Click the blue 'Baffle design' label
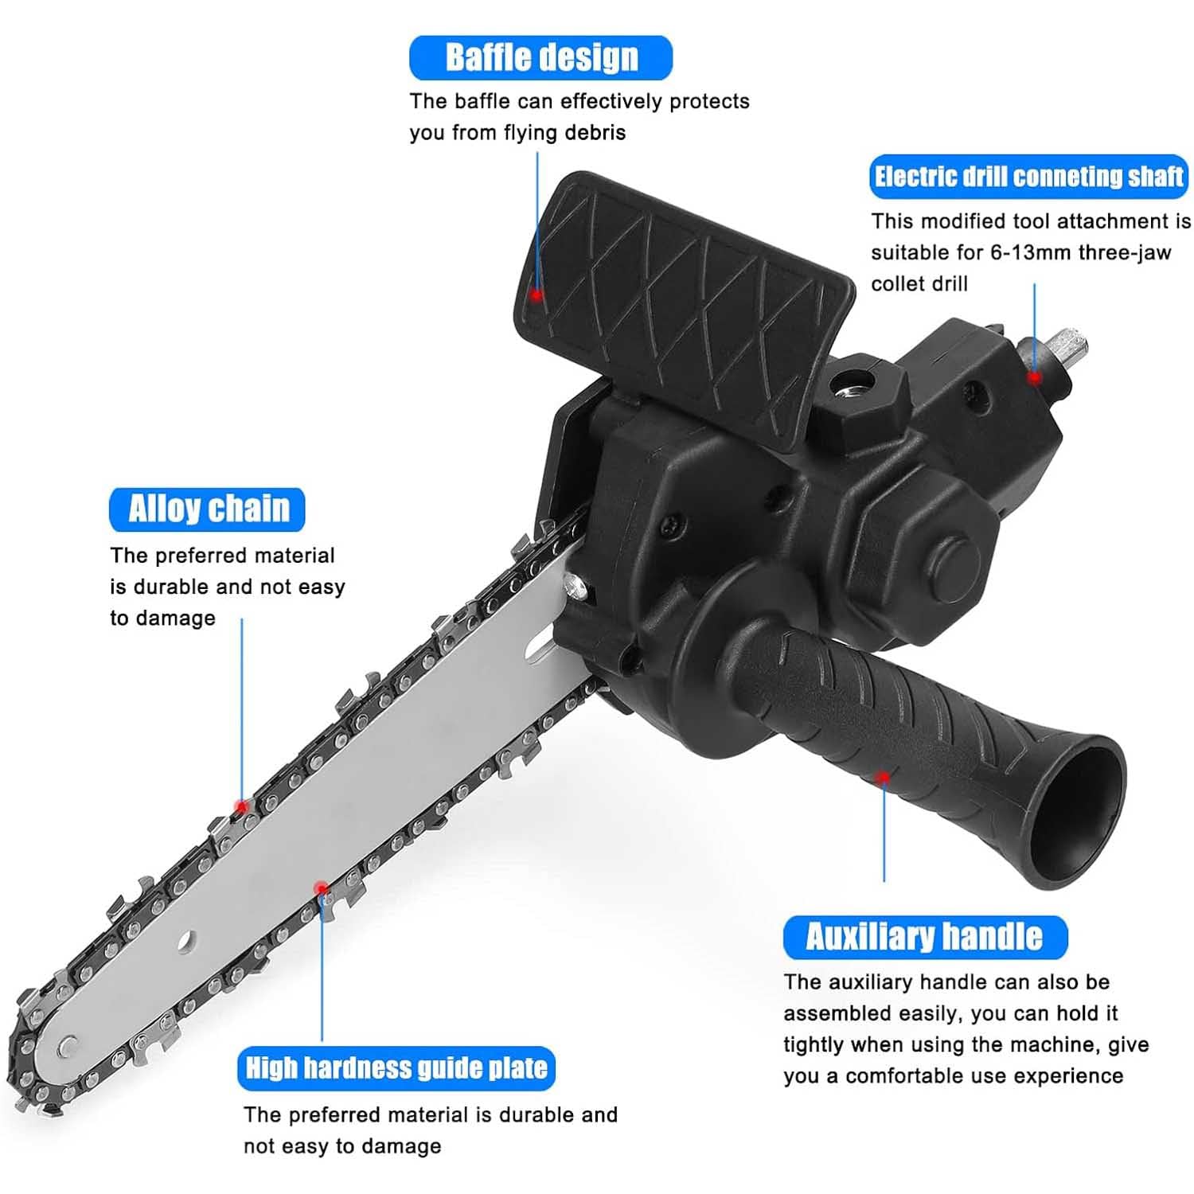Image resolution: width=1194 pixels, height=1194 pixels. point(540,57)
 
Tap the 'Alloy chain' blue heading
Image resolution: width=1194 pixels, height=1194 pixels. point(207,509)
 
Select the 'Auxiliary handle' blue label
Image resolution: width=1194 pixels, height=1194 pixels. point(925,937)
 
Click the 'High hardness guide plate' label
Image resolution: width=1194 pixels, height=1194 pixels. point(396,1068)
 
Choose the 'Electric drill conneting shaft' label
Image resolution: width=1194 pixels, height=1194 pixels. point(1028,177)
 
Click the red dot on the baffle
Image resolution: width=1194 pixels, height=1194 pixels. point(537,295)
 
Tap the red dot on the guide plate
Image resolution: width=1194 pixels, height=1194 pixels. point(321,888)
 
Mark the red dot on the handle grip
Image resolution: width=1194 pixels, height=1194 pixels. point(883,777)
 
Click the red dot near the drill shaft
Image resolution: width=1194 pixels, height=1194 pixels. point(1034,377)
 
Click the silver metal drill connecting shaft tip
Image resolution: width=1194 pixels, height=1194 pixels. point(1062,347)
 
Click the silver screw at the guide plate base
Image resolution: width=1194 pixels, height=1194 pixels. point(576,587)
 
